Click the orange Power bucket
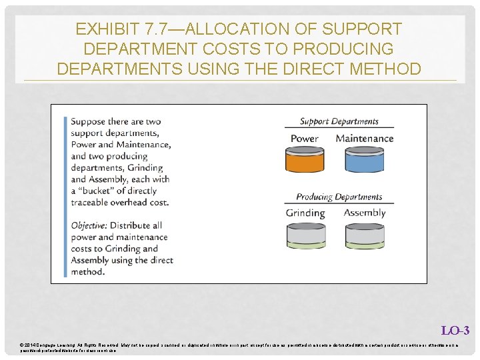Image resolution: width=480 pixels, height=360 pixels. (x=305, y=160)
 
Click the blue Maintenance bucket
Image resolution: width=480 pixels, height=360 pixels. (x=364, y=160)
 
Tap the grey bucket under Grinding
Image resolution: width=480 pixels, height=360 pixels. (x=305, y=235)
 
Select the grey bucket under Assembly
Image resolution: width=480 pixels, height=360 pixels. (x=364, y=235)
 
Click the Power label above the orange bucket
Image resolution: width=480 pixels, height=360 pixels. (x=305, y=139)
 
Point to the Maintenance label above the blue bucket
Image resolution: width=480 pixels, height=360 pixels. (x=365, y=139)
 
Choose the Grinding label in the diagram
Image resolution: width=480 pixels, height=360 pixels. (x=305, y=213)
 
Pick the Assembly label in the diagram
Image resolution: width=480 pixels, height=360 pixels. (x=365, y=213)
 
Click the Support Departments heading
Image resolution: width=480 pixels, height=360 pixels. (x=339, y=121)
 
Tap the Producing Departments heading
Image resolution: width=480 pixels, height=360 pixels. (x=339, y=197)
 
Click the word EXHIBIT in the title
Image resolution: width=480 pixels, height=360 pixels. (x=107, y=29)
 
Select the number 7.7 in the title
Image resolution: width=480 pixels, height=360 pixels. (x=157, y=29)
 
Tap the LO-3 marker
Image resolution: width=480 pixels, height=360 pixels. (x=455, y=331)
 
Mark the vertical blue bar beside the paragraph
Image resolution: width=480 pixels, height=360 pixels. (x=65, y=197)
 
